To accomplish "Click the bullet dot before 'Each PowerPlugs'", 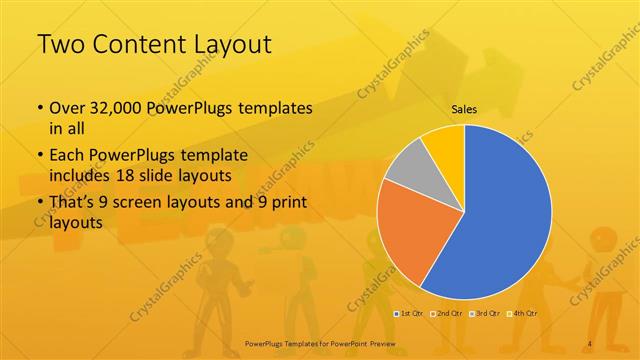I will click(x=39, y=155).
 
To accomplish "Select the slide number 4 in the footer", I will click(x=590, y=344).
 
